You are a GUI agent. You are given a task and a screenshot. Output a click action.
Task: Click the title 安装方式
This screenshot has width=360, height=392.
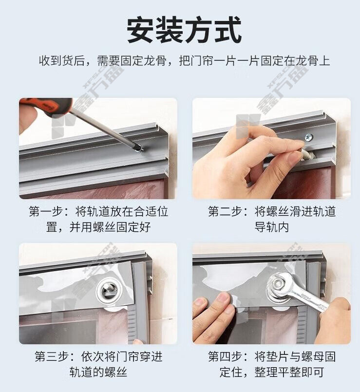click(x=184, y=30)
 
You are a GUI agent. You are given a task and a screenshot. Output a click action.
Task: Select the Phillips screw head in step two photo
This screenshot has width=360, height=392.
click(x=308, y=137)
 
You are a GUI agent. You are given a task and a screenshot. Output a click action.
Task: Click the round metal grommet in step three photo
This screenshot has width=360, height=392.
click(x=109, y=290)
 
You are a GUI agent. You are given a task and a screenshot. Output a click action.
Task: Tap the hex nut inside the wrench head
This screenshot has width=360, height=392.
click(x=278, y=283)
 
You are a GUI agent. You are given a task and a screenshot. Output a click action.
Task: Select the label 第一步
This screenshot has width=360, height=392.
click(x=45, y=211)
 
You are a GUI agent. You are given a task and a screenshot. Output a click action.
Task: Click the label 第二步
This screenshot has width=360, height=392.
click(x=225, y=211)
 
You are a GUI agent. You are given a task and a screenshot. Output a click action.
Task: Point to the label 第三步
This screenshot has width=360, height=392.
click(x=51, y=356)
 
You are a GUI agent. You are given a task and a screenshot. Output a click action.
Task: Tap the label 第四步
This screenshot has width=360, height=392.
click(x=225, y=356)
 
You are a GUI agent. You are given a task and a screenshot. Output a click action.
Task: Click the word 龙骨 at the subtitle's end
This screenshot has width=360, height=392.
click(x=307, y=61)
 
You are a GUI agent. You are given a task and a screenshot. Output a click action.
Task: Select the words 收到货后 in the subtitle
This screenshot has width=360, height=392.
click(x=61, y=61)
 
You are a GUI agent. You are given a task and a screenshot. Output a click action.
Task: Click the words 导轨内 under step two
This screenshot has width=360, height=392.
click(x=272, y=227)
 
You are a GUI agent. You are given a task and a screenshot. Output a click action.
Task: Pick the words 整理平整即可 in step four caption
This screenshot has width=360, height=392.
click(x=289, y=372)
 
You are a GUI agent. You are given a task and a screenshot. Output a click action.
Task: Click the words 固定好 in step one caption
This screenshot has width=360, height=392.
click(x=133, y=227)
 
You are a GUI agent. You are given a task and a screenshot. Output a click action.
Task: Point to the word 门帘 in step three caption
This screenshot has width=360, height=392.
click(x=127, y=356)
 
